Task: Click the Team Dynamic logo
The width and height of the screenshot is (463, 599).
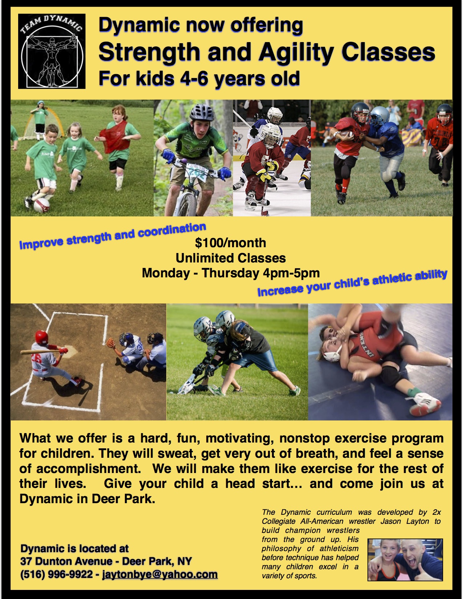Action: pos(52,51)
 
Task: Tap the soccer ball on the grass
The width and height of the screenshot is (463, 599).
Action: pos(41,204)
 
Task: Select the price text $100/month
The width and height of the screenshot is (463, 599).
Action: pos(231,243)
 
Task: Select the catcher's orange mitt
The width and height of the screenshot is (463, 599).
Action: pos(111,342)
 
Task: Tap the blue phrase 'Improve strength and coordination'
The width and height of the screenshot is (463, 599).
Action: pos(113,236)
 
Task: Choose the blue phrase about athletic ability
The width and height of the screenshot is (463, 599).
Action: pos(352,283)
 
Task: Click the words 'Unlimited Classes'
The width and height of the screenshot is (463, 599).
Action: pos(231,258)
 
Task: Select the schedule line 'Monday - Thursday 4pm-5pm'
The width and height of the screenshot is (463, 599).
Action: pos(231,273)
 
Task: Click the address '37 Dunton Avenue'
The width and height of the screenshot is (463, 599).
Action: pos(66,561)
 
